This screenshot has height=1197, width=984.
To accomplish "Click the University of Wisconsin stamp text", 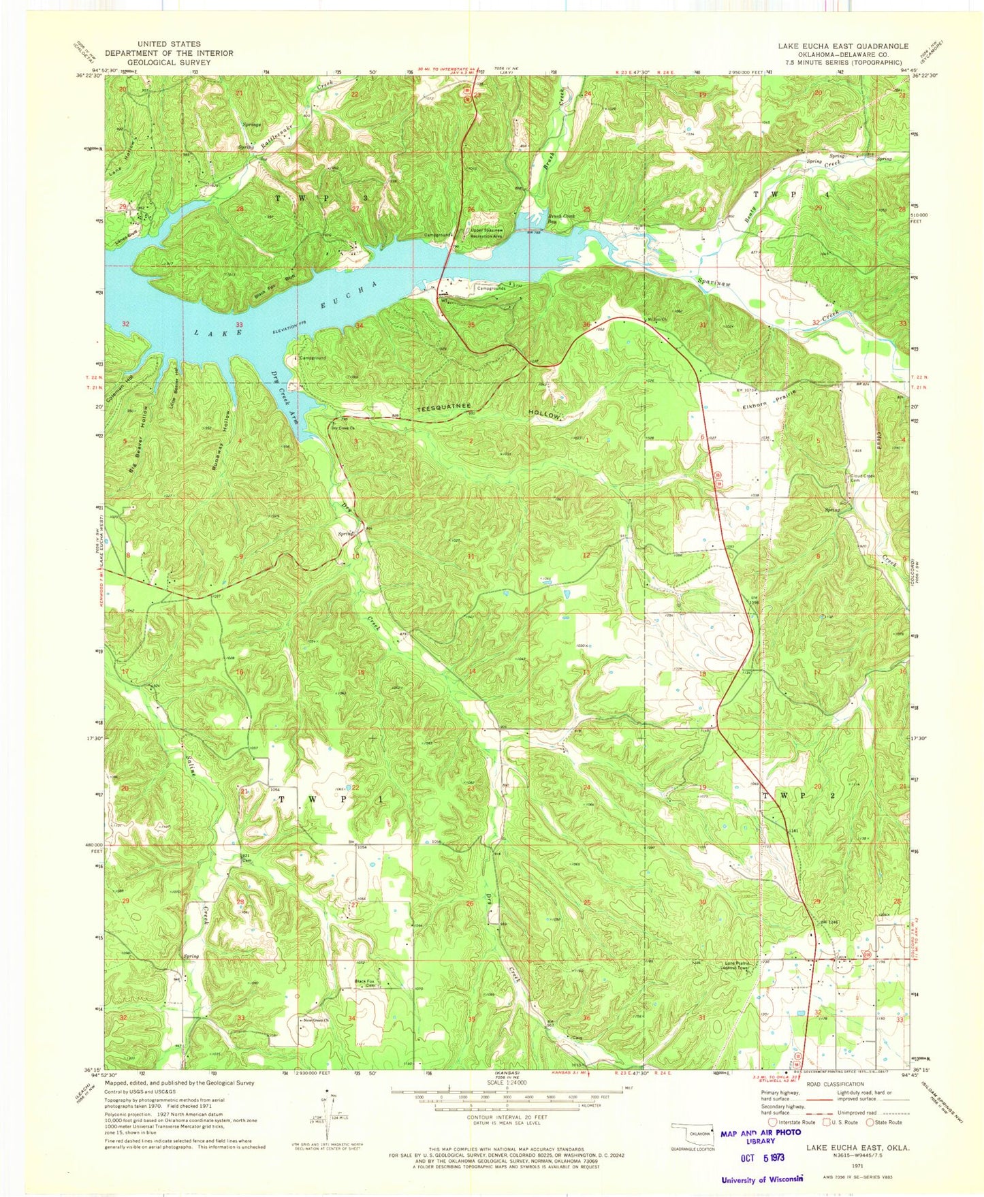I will [762, 1178].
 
